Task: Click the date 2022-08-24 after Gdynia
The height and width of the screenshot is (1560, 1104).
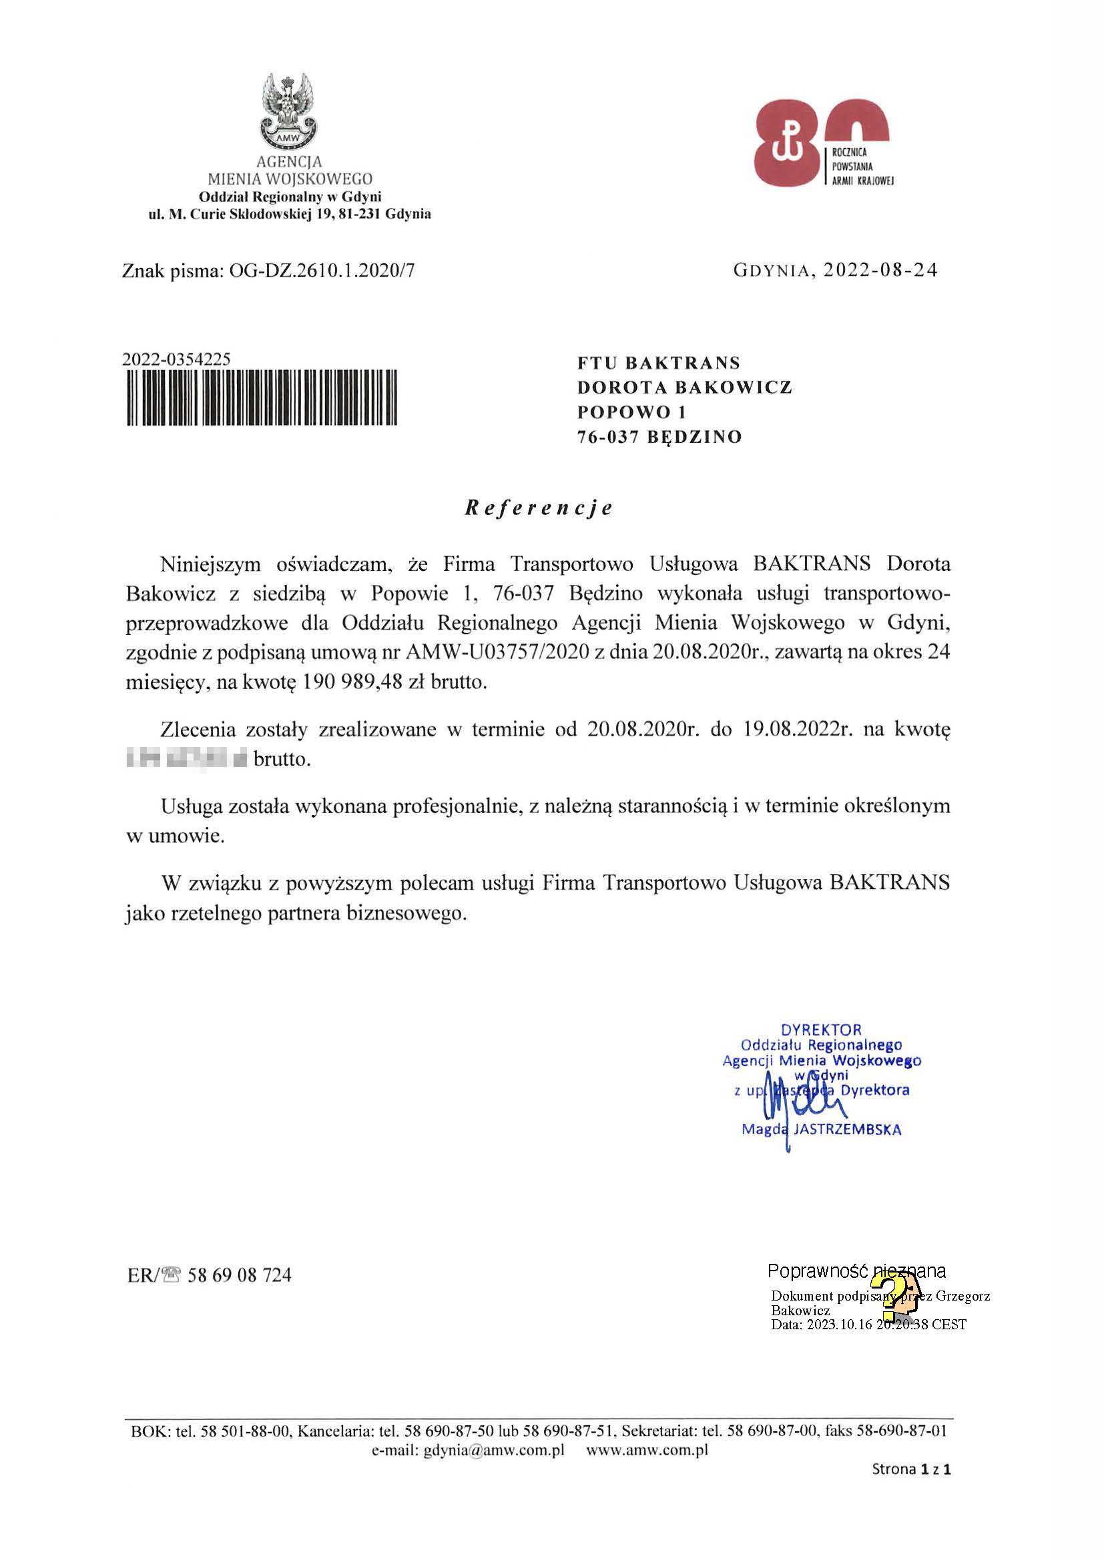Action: click(880, 270)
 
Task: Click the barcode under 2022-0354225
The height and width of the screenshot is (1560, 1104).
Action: click(262, 398)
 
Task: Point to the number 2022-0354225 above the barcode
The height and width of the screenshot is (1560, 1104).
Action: click(176, 359)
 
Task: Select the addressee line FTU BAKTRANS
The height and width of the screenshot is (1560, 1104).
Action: click(659, 363)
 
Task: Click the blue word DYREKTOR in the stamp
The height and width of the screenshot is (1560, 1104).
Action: click(820, 1029)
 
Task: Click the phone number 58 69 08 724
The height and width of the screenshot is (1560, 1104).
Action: click(240, 1275)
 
